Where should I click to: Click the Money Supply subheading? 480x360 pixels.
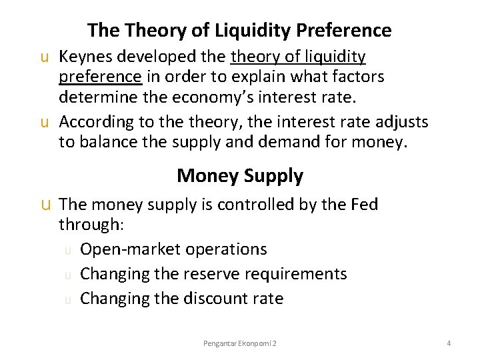240,176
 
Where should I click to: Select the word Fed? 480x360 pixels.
363,204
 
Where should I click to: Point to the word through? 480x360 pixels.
91,224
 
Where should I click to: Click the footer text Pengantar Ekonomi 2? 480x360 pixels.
240,343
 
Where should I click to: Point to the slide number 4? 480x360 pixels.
449,343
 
